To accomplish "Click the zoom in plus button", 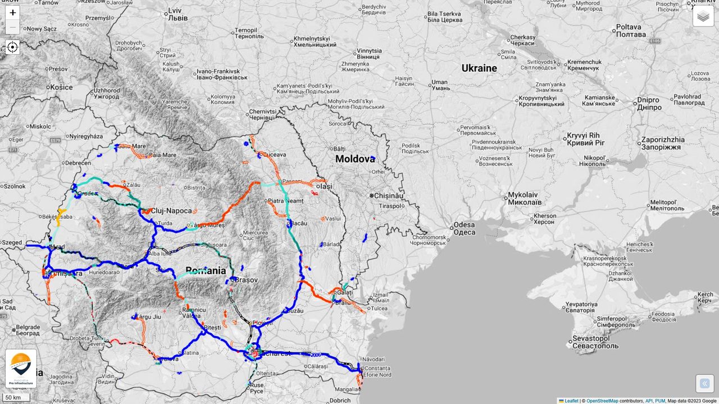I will [x=12, y=12].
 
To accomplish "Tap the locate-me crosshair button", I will [x=12, y=47].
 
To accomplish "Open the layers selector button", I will [x=703, y=16].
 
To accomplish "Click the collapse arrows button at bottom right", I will [x=704, y=384].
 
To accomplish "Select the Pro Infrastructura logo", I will [x=21, y=368].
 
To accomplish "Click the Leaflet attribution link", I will [x=571, y=401].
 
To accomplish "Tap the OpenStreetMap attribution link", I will [x=602, y=401].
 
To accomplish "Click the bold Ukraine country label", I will [x=479, y=68].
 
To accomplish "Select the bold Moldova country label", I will [x=355, y=159].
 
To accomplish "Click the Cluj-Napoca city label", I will [x=171, y=211].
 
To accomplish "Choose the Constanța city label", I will [x=377, y=368].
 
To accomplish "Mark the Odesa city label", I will [x=464, y=228].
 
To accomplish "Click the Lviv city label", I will [x=175, y=13].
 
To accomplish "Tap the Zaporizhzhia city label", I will [x=663, y=143].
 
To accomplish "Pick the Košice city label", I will [x=61, y=87].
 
